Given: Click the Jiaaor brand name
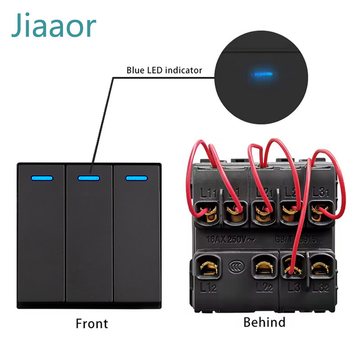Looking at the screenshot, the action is (x=54, y=26).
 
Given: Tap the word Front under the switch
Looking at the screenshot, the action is (x=92, y=324).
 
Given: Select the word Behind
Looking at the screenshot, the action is (x=264, y=322).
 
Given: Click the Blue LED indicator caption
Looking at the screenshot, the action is (x=164, y=70).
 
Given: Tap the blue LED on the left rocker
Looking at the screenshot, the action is (x=43, y=178).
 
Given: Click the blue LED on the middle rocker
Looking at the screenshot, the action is (x=89, y=178).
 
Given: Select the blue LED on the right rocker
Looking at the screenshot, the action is (x=135, y=178).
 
